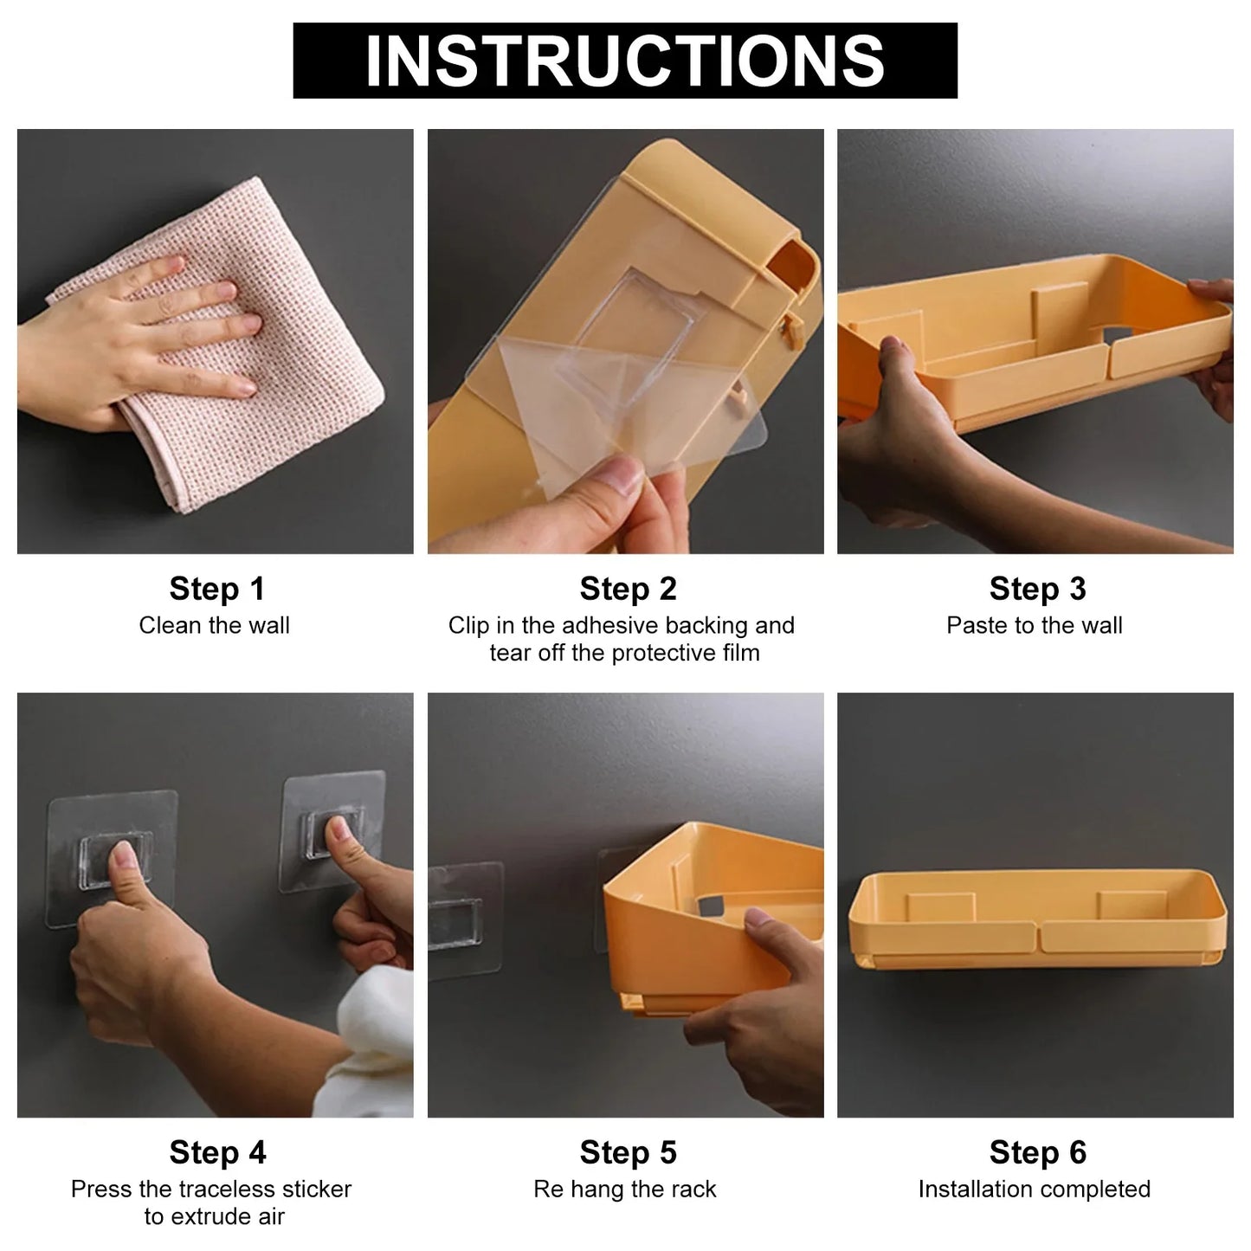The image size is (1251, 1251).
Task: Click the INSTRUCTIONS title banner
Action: click(624, 61)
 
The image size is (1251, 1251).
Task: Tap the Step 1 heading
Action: click(216, 589)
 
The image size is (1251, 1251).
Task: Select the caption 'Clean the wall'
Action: click(214, 625)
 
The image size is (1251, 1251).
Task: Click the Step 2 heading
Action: click(628, 589)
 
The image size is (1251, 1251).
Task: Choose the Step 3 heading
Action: click(1037, 589)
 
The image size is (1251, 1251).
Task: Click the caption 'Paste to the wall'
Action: click(1035, 625)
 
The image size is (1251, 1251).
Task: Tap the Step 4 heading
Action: click(217, 1152)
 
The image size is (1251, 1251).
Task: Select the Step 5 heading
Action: click(628, 1152)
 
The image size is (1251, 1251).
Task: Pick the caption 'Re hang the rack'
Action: click(624, 1189)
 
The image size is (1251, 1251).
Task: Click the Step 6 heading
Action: click(1037, 1152)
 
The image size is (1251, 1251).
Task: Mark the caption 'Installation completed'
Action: click(1035, 1189)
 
